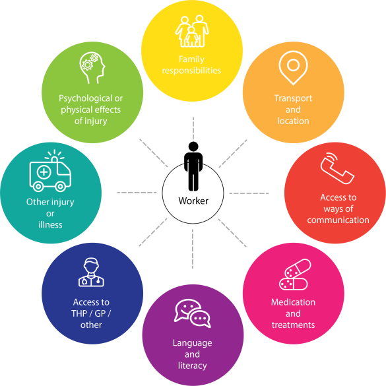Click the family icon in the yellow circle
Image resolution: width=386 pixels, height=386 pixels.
[x=192, y=31]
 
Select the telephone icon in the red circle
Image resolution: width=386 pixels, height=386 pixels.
[x=337, y=168]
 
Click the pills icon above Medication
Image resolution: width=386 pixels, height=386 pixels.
[x=295, y=274]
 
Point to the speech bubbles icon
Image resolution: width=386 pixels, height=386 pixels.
[x=192, y=313]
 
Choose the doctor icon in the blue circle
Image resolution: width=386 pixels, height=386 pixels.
[x=91, y=272]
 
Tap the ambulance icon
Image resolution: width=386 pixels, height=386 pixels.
[x=50, y=171]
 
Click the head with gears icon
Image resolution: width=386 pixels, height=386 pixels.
[x=92, y=68]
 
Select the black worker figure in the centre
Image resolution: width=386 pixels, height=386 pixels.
[x=193, y=166]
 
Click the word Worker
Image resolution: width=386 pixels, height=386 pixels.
[x=193, y=201]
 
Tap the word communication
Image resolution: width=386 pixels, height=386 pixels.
[x=338, y=220]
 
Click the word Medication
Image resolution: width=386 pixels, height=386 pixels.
[x=293, y=302]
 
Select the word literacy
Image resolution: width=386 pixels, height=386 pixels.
[x=192, y=366]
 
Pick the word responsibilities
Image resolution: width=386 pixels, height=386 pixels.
[x=191, y=71]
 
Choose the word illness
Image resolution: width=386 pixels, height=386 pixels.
[x=50, y=225]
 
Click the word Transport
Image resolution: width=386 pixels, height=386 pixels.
[x=293, y=98]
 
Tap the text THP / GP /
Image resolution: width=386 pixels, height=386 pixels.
[x=91, y=313]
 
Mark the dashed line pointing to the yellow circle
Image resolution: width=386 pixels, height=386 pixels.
[x=193, y=129]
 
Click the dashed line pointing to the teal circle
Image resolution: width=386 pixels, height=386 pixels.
[x=137, y=192]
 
